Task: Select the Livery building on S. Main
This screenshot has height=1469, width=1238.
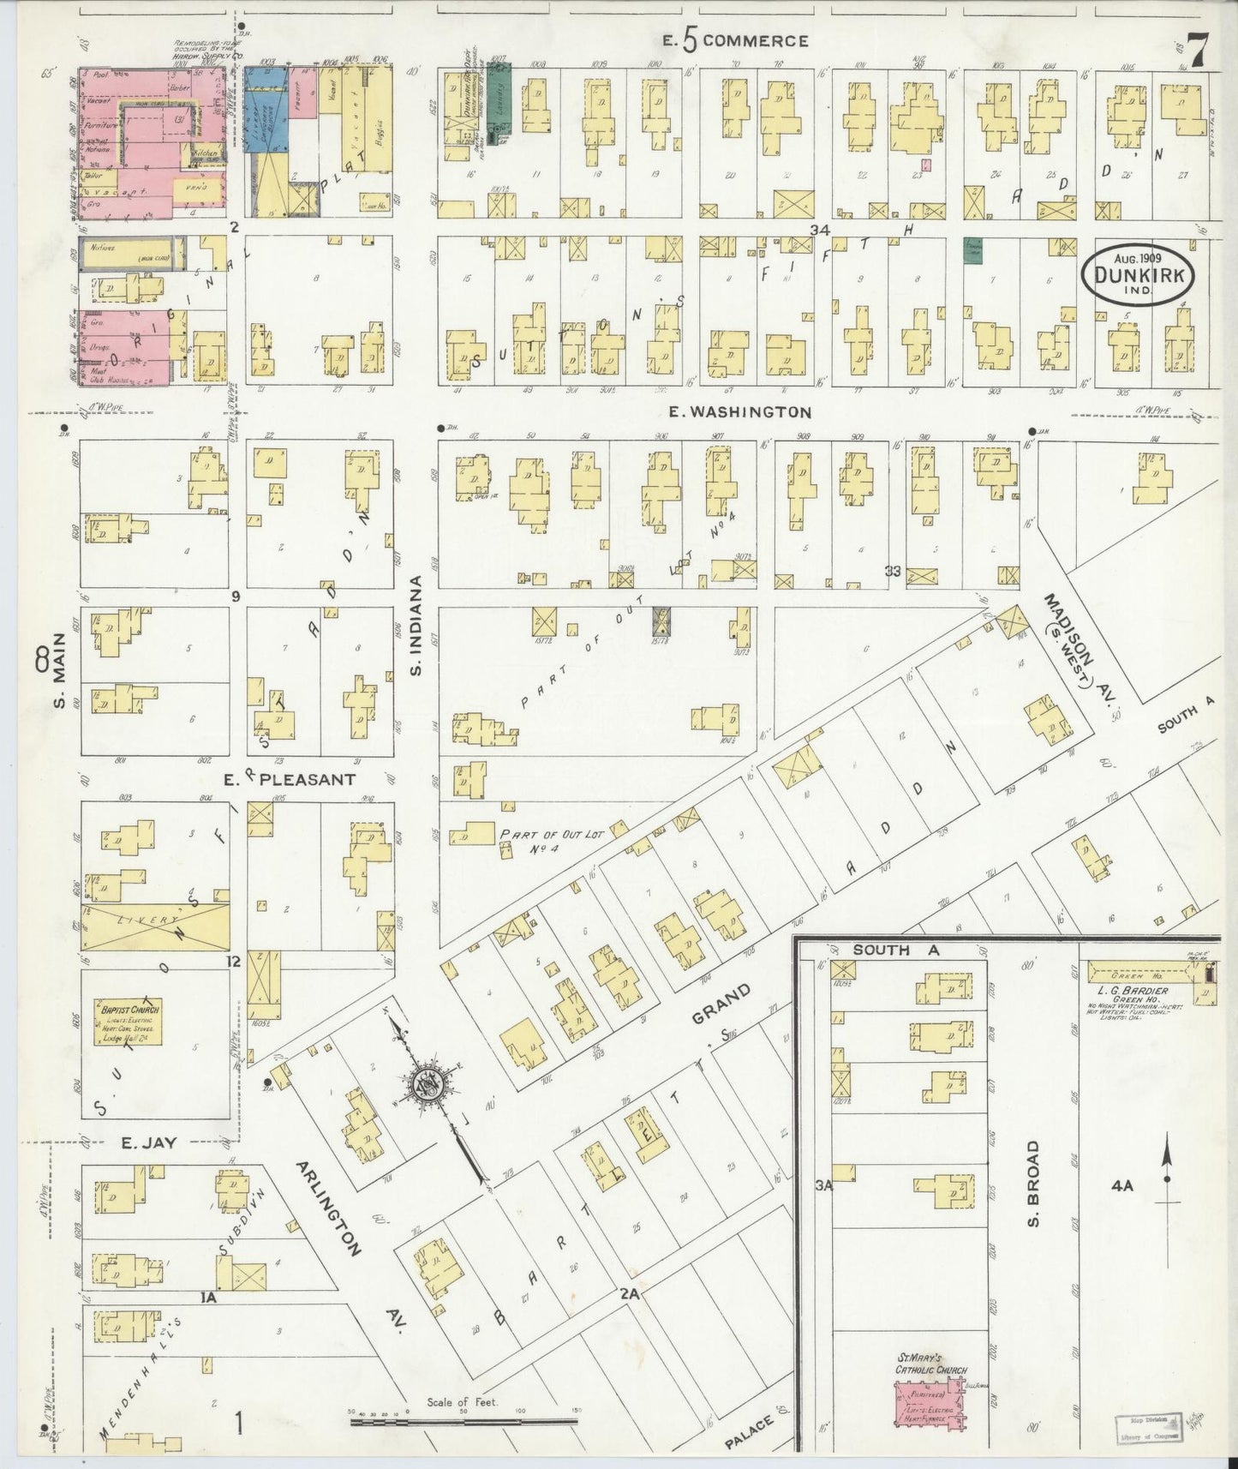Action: coord(155,926)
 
